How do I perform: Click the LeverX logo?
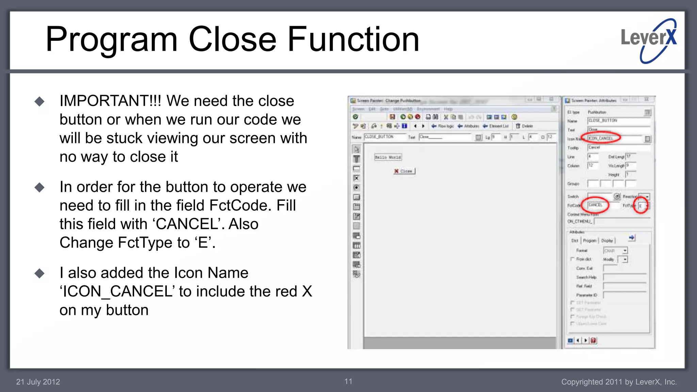pos(649,40)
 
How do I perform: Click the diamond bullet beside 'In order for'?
pos(39,187)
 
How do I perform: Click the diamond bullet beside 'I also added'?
pos(39,273)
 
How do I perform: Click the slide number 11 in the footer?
pos(348,381)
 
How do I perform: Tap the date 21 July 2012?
pos(38,382)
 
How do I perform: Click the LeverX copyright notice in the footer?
pos(619,382)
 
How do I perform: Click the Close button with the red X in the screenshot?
pos(404,171)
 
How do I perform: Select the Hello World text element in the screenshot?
pos(388,157)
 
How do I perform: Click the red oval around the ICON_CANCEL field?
pos(601,138)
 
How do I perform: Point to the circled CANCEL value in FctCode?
pos(595,205)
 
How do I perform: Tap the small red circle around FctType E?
pos(641,206)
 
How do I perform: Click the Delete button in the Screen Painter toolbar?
pos(524,126)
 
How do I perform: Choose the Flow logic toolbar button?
pos(443,126)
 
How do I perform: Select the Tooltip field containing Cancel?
pos(618,148)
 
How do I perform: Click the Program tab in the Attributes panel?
pos(589,241)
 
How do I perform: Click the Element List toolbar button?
pos(496,126)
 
